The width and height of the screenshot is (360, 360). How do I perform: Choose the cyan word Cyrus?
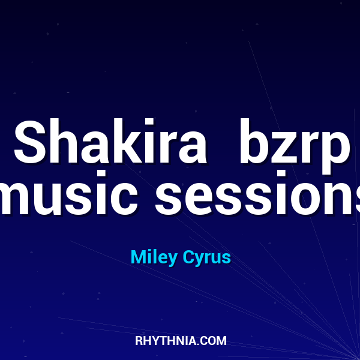(206, 258)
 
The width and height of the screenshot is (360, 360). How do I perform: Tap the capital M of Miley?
(138, 258)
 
